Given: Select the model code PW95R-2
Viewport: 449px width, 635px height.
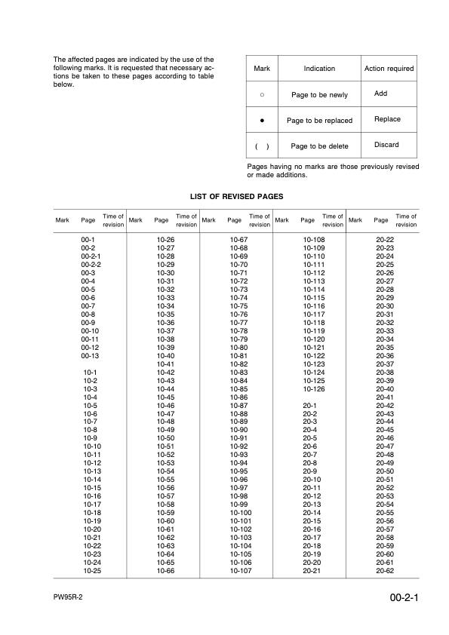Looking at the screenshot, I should tap(69, 597).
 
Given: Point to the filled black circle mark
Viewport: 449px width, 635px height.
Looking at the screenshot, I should tap(262, 120).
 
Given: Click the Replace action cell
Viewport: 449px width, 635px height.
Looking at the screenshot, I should tap(387, 119).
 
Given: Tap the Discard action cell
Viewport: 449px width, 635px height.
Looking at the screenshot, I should tap(386, 145).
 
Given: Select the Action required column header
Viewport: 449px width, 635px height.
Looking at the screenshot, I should tap(389, 69).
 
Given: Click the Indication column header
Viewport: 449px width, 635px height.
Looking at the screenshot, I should tap(319, 69).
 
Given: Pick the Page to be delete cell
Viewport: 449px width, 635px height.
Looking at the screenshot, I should tap(319, 146).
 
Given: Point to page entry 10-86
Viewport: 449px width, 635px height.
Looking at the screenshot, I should tap(238, 397).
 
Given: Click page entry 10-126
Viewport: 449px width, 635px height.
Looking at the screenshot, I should tap(313, 389).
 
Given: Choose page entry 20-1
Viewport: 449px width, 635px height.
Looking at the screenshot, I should tap(309, 406).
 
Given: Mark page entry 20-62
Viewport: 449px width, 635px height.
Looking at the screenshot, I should tap(386, 571).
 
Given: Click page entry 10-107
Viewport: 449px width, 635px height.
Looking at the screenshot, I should tap(239, 571).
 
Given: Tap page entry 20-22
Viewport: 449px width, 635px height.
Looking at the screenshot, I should tap(386, 239).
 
